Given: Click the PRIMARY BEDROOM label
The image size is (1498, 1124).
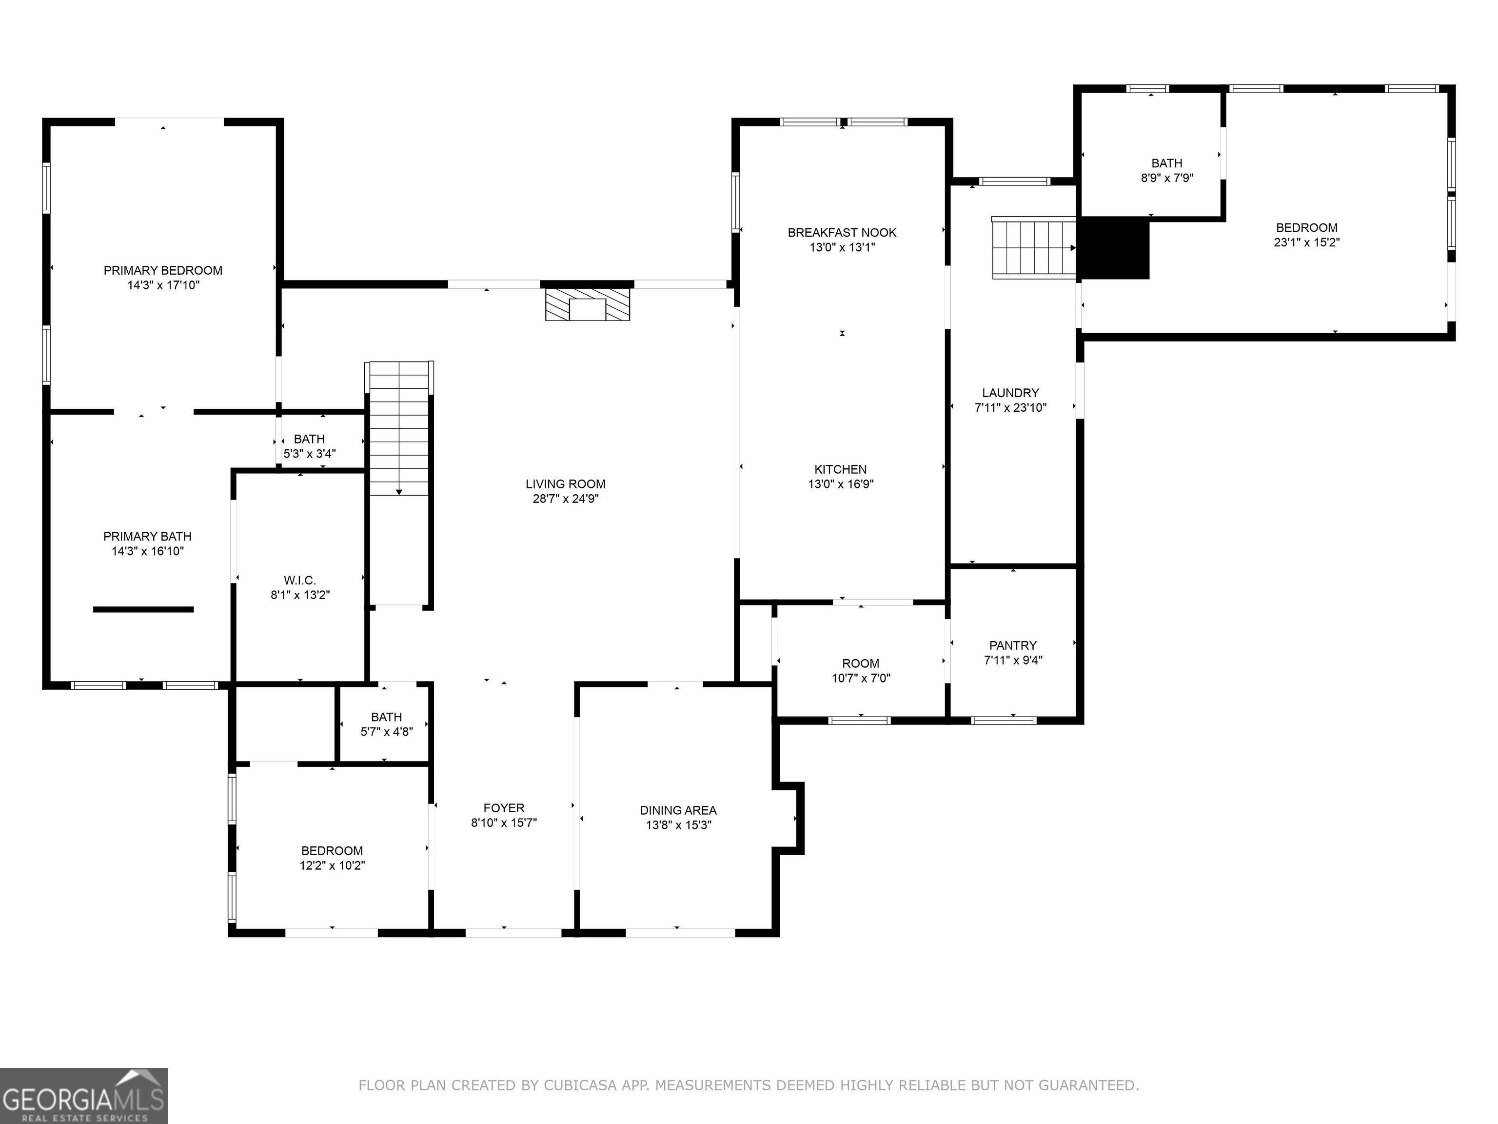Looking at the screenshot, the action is coord(162,270).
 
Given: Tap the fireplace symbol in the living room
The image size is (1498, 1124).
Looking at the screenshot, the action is coord(588,304).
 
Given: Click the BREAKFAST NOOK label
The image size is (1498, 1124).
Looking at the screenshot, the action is coord(842,232).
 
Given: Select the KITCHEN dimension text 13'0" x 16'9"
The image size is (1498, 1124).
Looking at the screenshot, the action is coord(840,484).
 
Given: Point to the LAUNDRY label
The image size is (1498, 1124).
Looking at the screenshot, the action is coord(1010,393).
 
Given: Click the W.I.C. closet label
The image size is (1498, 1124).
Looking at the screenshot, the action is coord(300,581).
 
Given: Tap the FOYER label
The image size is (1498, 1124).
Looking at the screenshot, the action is coord(504,808).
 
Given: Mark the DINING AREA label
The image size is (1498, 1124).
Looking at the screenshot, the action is coord(678,810).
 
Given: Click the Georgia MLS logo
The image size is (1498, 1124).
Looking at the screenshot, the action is coord(84,1096).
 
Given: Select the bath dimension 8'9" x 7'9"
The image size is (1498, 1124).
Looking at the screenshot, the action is coord(1167,178).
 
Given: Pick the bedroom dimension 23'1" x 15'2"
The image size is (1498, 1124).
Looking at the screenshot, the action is coord(1306,242).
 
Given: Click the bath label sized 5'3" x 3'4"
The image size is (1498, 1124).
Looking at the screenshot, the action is coord(310,439).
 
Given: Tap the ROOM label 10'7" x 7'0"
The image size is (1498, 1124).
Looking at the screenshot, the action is coord(861,664).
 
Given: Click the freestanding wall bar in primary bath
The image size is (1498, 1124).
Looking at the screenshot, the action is coord(143,609).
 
